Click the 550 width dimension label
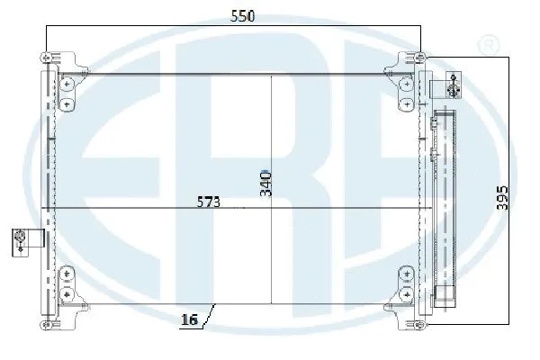[238, 16]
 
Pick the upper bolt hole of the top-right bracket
[408, 84]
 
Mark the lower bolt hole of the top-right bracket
[408, 102]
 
